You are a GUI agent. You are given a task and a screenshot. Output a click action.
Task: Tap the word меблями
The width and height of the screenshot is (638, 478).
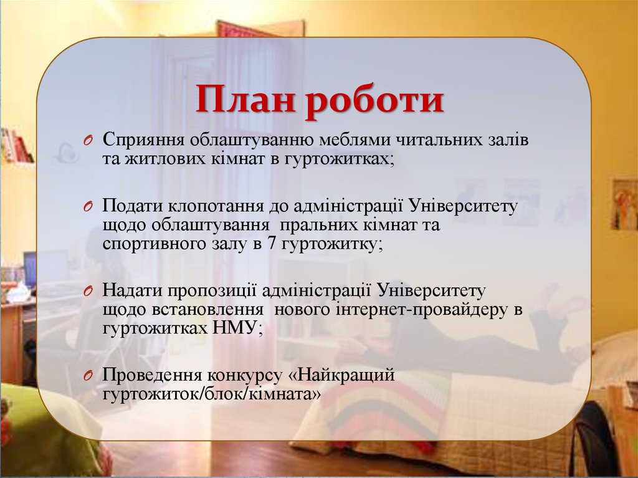point(355,139)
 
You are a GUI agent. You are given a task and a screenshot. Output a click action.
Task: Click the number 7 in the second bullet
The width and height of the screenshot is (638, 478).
point(272,243)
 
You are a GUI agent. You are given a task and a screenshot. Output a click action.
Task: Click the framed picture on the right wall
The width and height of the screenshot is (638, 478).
point(624,204)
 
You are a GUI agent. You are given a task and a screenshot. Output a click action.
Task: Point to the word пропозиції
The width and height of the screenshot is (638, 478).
point(208,290)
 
